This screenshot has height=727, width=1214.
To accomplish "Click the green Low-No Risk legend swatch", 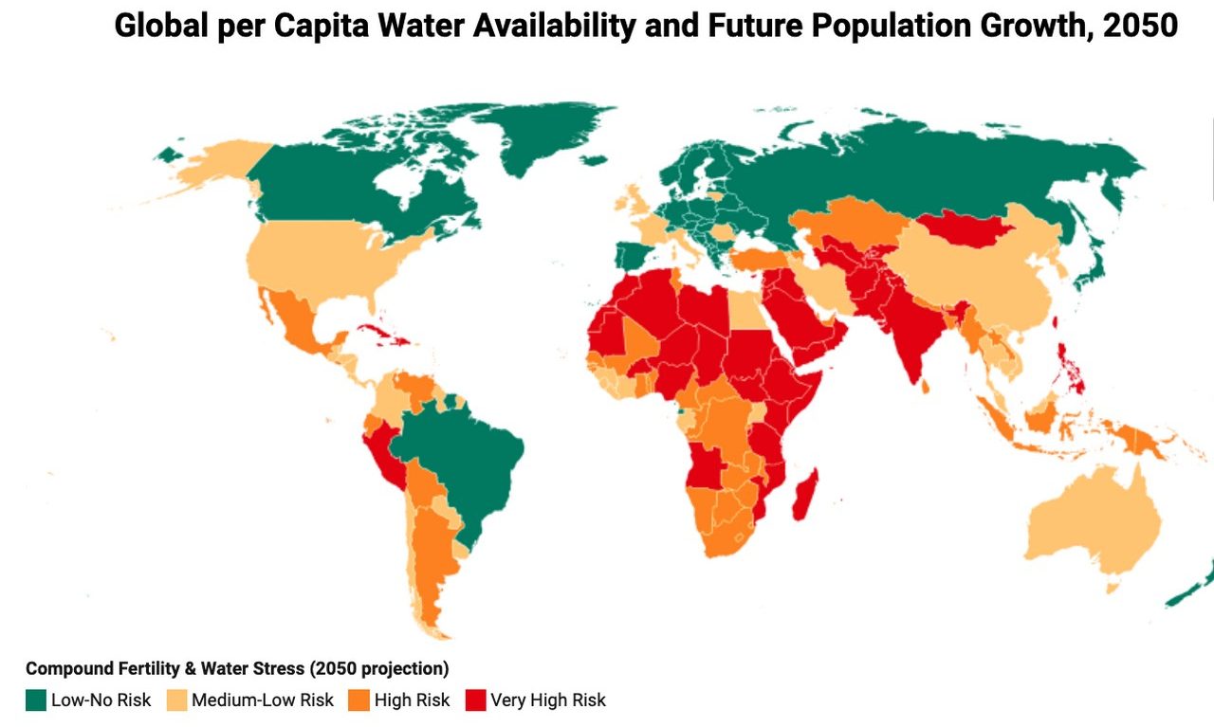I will pos(36,700).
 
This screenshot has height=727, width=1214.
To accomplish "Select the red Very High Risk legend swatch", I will pos(475,700).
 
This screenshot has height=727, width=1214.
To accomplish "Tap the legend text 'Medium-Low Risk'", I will pos(263,700).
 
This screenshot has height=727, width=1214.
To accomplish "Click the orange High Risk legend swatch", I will pos(359,700).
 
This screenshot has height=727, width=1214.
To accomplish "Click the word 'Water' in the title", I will pos(422,27).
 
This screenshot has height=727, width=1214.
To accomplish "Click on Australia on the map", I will pos(1091,526).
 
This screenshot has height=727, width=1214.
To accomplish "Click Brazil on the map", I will pos(465,464).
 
